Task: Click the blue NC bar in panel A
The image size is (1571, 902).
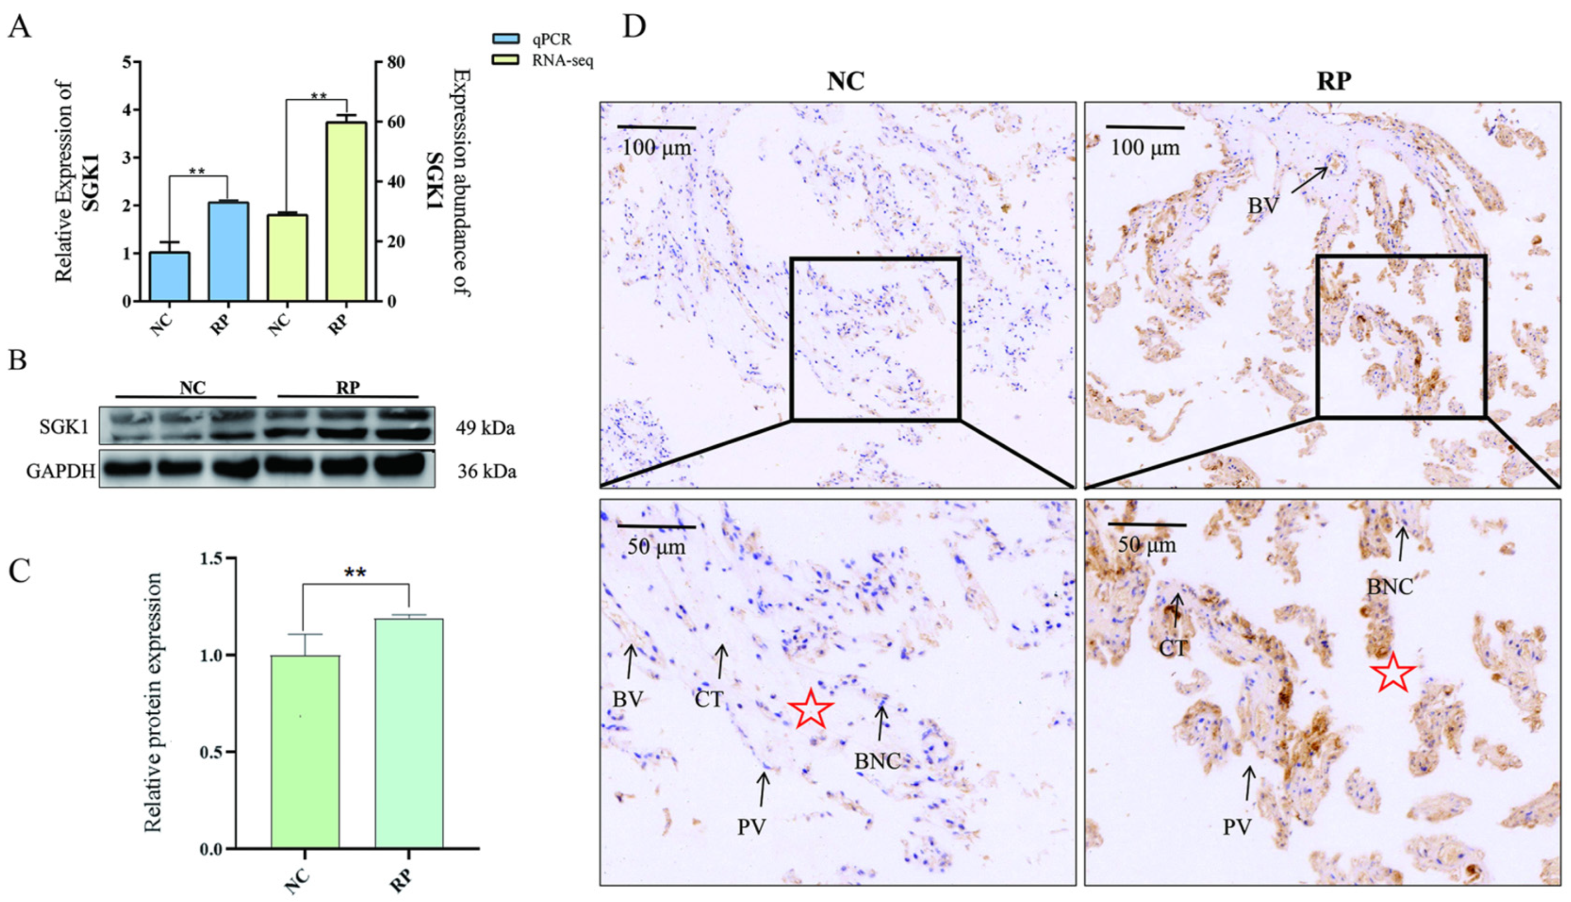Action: (170, 276)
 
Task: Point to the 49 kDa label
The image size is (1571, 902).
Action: (485, 428)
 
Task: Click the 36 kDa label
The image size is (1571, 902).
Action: (486, 471)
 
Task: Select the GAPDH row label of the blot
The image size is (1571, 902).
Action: (61, 471)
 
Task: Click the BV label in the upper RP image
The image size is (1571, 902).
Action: (1262, 206)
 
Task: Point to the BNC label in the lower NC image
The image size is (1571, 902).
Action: (877, 761)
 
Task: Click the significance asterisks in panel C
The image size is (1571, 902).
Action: (354, 573)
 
